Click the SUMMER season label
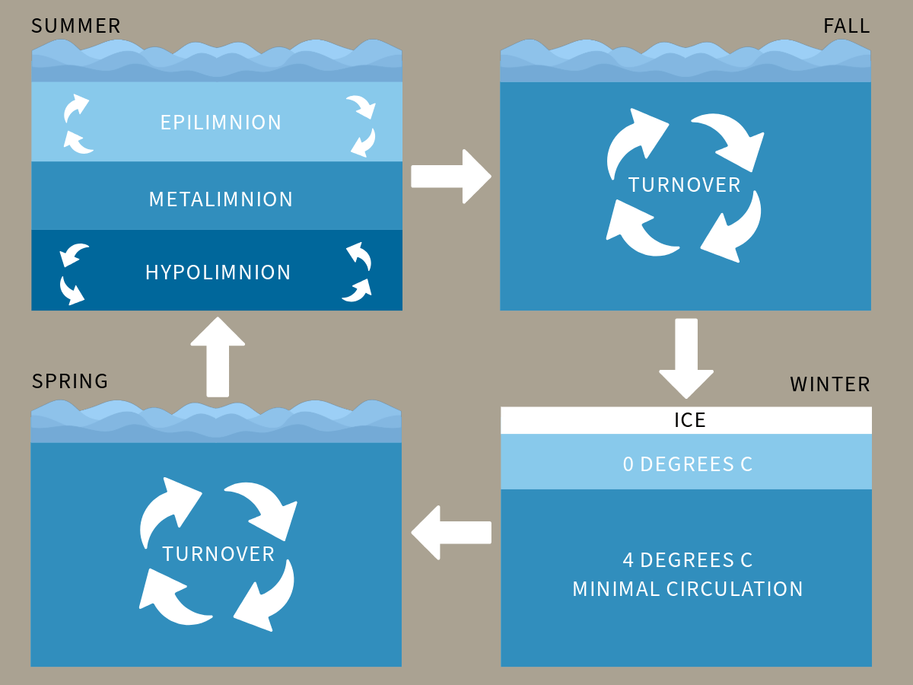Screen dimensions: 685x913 [x=76, y=26]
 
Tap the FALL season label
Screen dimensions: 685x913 [x=846, y=26]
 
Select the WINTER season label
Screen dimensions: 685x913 [x=830, y=384]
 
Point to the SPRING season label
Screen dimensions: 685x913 [x=70, y=381]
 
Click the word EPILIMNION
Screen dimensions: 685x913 [x=221, y=123]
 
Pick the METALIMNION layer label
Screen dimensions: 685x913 [x=221, y=199]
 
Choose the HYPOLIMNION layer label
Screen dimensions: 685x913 [x=218, y=272]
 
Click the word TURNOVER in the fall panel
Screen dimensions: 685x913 [x=685, y=185]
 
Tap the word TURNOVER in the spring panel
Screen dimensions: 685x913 [x=218, y=554]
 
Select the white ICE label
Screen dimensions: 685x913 [x=690, y=420]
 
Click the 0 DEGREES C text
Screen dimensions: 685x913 [x=688, y=464]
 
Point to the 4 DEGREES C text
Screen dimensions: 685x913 [x=688, y=560]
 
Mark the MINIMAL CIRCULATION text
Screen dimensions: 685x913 [x=688, y=589]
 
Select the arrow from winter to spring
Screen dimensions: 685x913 [x=450, y=532]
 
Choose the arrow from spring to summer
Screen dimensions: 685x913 [x=218, y=356]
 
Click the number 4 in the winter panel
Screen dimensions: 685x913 [x=628, y=560]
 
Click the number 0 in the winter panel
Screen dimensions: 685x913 [x=628, y=464]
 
